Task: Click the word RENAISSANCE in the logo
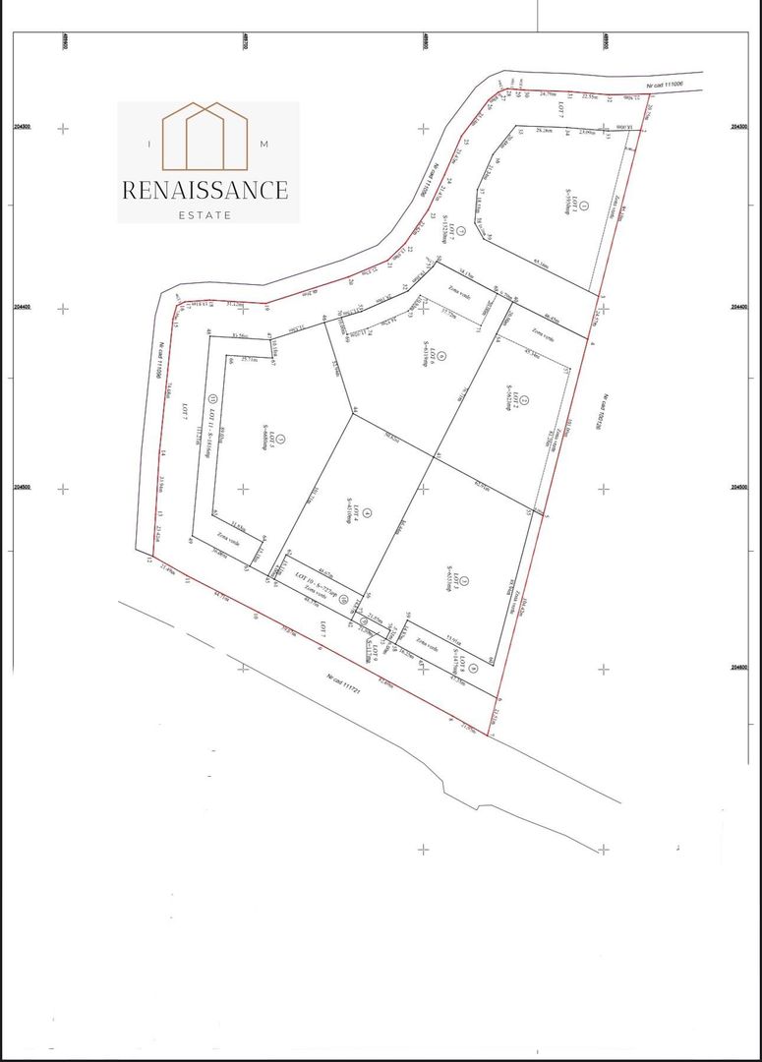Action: pos(205,190)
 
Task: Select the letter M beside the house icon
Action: pos(264,145)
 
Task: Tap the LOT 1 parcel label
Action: pos(582,211)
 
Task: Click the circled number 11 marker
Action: pos(211,398)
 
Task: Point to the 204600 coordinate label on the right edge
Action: pos(740,668)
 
